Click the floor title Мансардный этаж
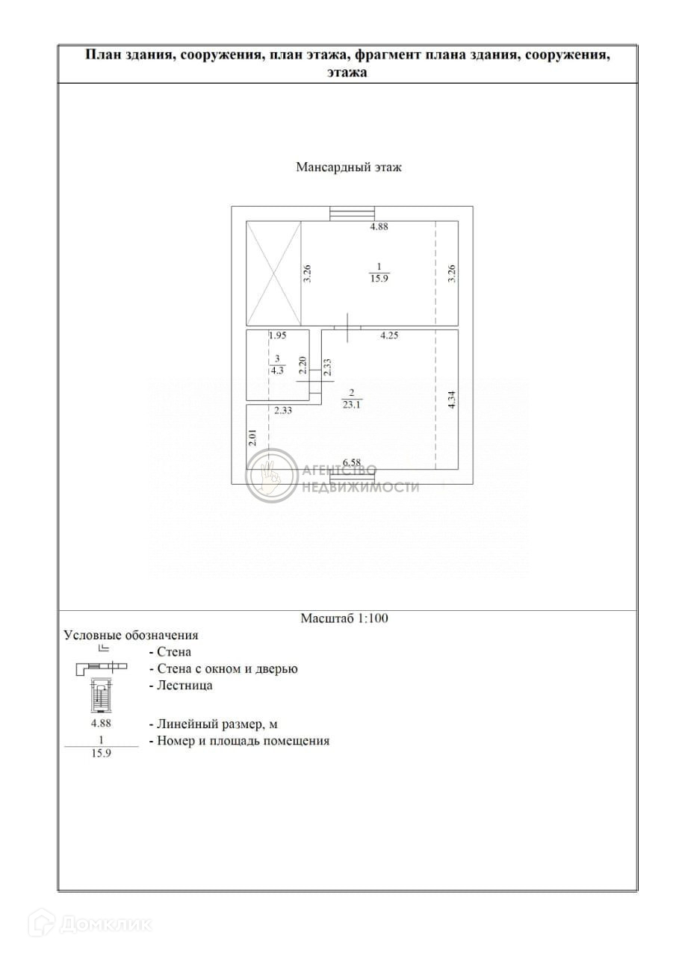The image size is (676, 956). [349, 167]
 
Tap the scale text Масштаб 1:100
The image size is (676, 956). [344, 618]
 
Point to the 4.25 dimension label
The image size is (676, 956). [388, 336]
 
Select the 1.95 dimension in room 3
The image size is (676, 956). [258, 336]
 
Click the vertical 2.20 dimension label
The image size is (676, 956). [303, 364]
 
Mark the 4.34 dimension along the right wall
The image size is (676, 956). [451, 397]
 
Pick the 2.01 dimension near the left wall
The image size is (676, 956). [252, 437]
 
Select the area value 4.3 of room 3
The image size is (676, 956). [276, 368]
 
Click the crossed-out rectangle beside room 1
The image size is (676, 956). [274, 273]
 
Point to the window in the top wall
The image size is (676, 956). [352, 213]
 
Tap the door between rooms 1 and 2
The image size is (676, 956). [347, 329]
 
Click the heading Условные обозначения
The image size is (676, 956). [131, 635]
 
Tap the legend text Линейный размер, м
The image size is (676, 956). [218, 724]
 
